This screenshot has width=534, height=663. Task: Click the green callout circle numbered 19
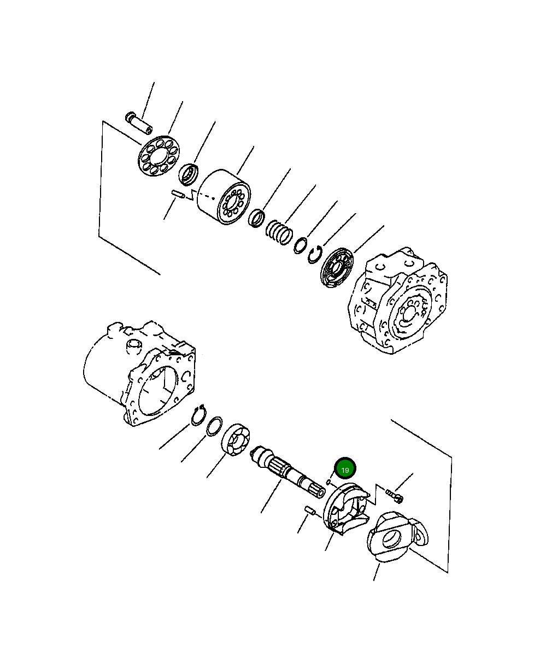coord(345,469)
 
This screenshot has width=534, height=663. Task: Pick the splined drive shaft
coord(287,475)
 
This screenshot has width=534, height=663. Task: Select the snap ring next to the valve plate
coord(314,255)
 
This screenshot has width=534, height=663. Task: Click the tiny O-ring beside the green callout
coord(328,482)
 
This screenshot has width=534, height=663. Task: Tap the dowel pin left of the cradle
coord(310,511)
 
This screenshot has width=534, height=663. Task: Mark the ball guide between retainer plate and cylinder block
coord(189,174)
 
